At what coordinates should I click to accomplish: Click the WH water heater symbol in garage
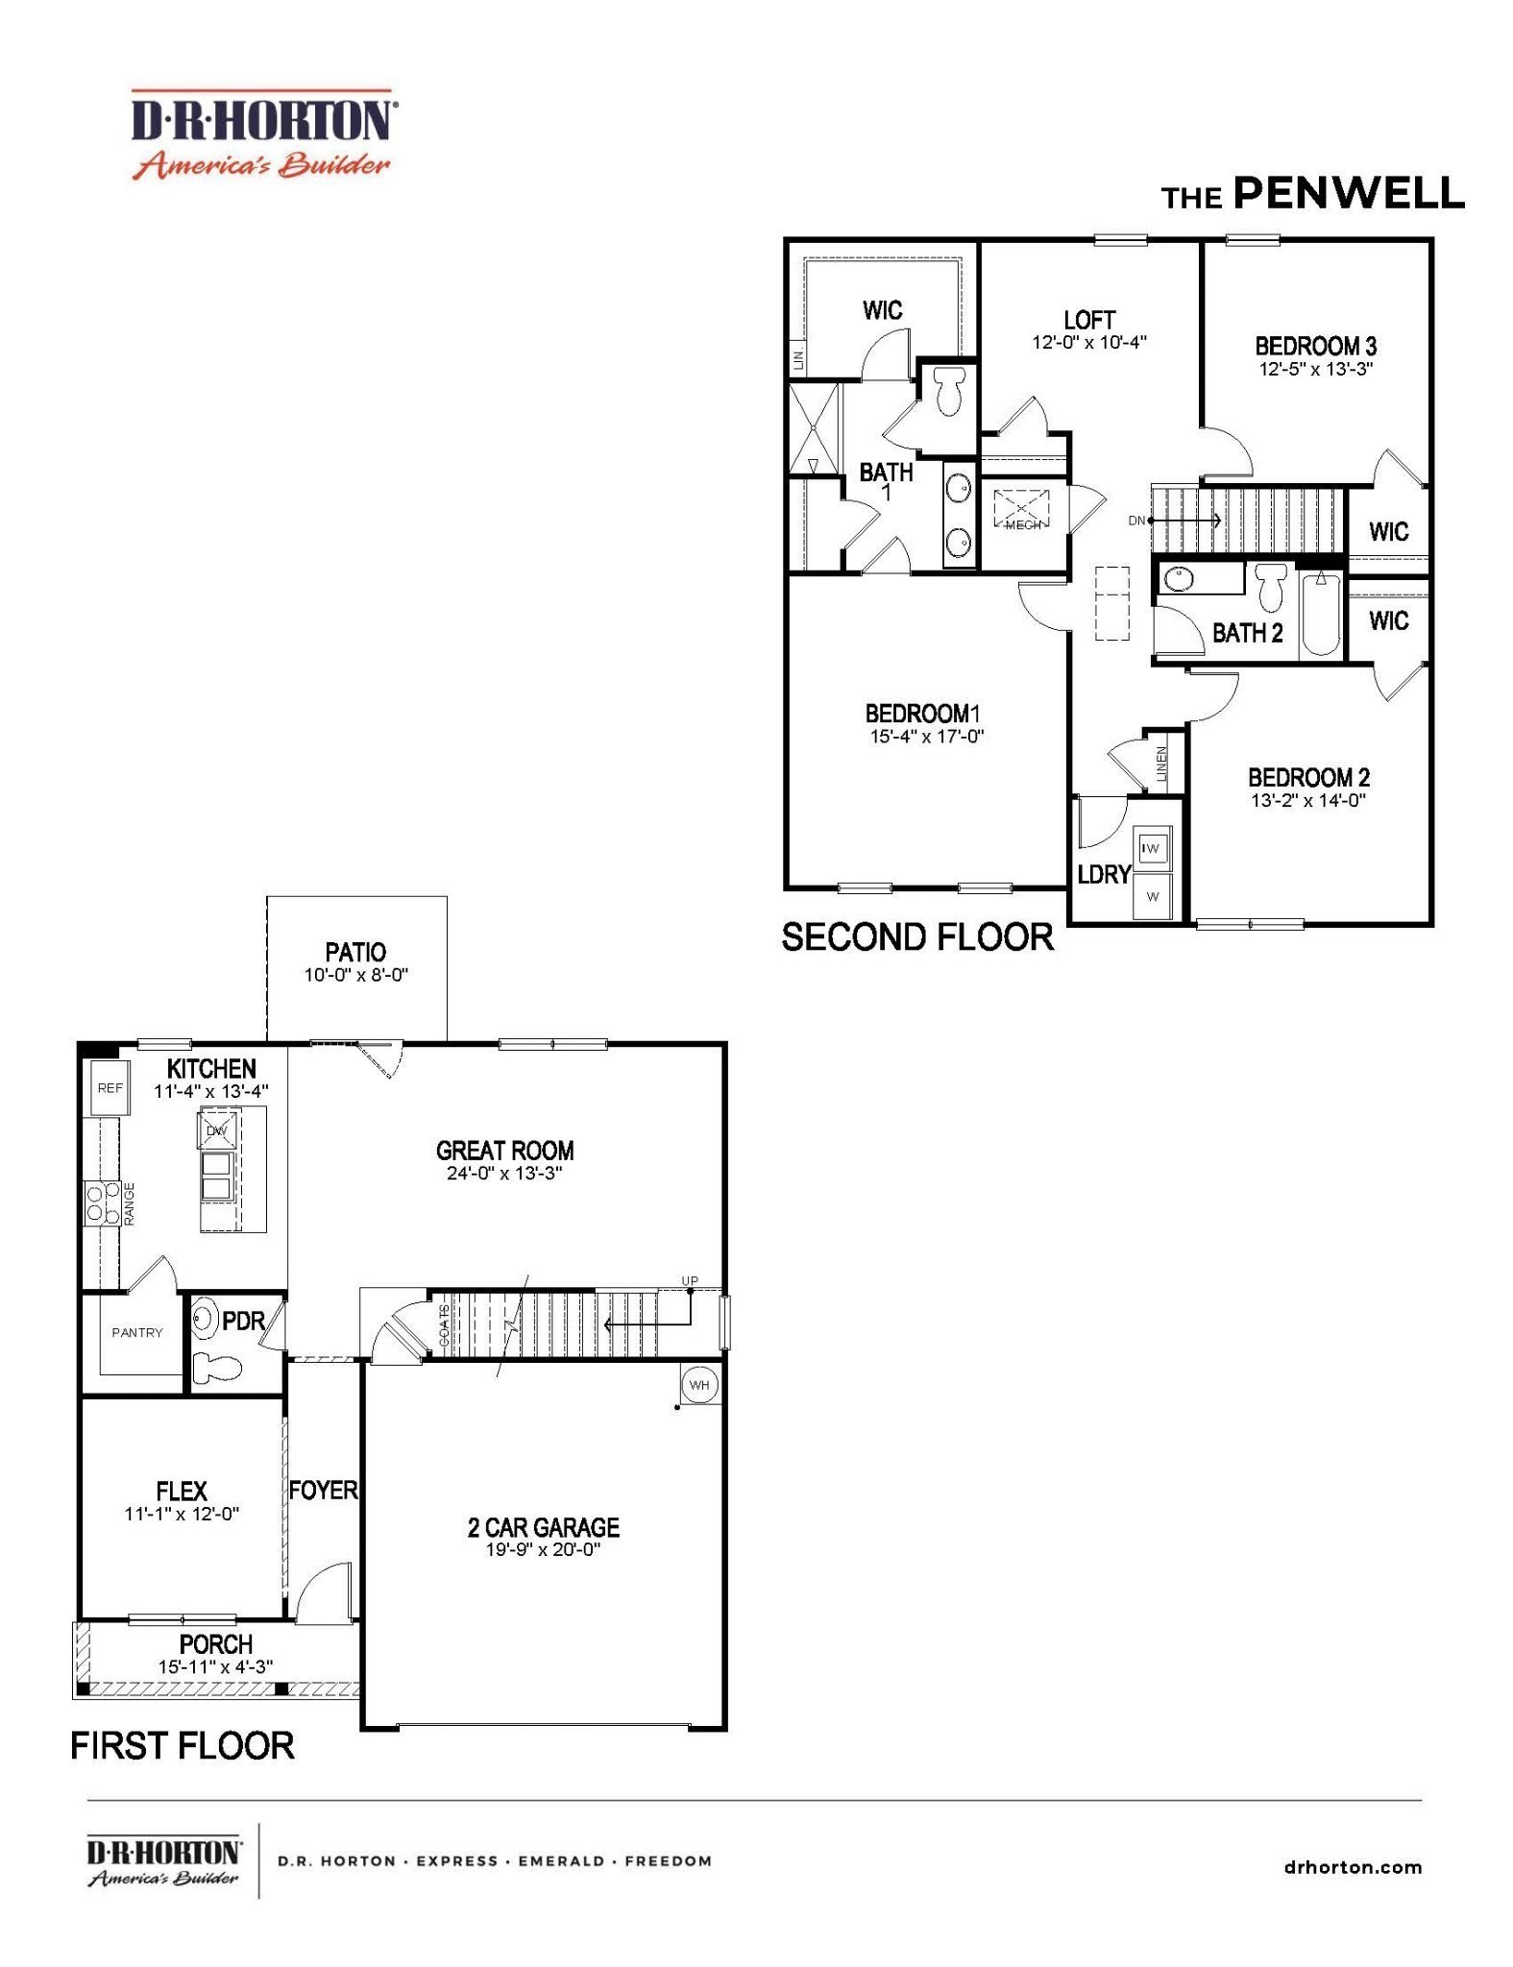click(x=698, y=1384)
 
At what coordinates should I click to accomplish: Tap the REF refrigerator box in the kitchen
click(x=110, y=1088)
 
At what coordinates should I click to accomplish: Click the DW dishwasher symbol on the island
click(x=216, y=1130)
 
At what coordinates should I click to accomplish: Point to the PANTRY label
click(x=136, y=1332)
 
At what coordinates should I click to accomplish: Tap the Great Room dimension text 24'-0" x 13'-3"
click(x=503, y=1174)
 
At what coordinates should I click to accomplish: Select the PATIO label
click(x=355, y=952)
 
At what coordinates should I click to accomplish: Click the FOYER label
click(x=323, y=1490)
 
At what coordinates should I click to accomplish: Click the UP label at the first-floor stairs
click(x=689, y=1280)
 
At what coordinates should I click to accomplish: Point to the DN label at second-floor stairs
click(x=1136, y=521)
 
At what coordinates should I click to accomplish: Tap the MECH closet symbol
click(x=1022, y=510)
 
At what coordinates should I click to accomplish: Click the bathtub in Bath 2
click(x=1322, y=615)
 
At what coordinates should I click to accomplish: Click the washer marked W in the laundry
click(x=1152, y=897)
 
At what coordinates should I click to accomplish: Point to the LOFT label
click(x=1088, y=320)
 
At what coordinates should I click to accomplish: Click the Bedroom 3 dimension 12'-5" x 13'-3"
click(x=1315, y=369)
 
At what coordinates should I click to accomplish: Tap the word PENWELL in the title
click(x=1348, y=193)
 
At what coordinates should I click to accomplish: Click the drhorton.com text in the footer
click(x=1352, y=1867)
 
